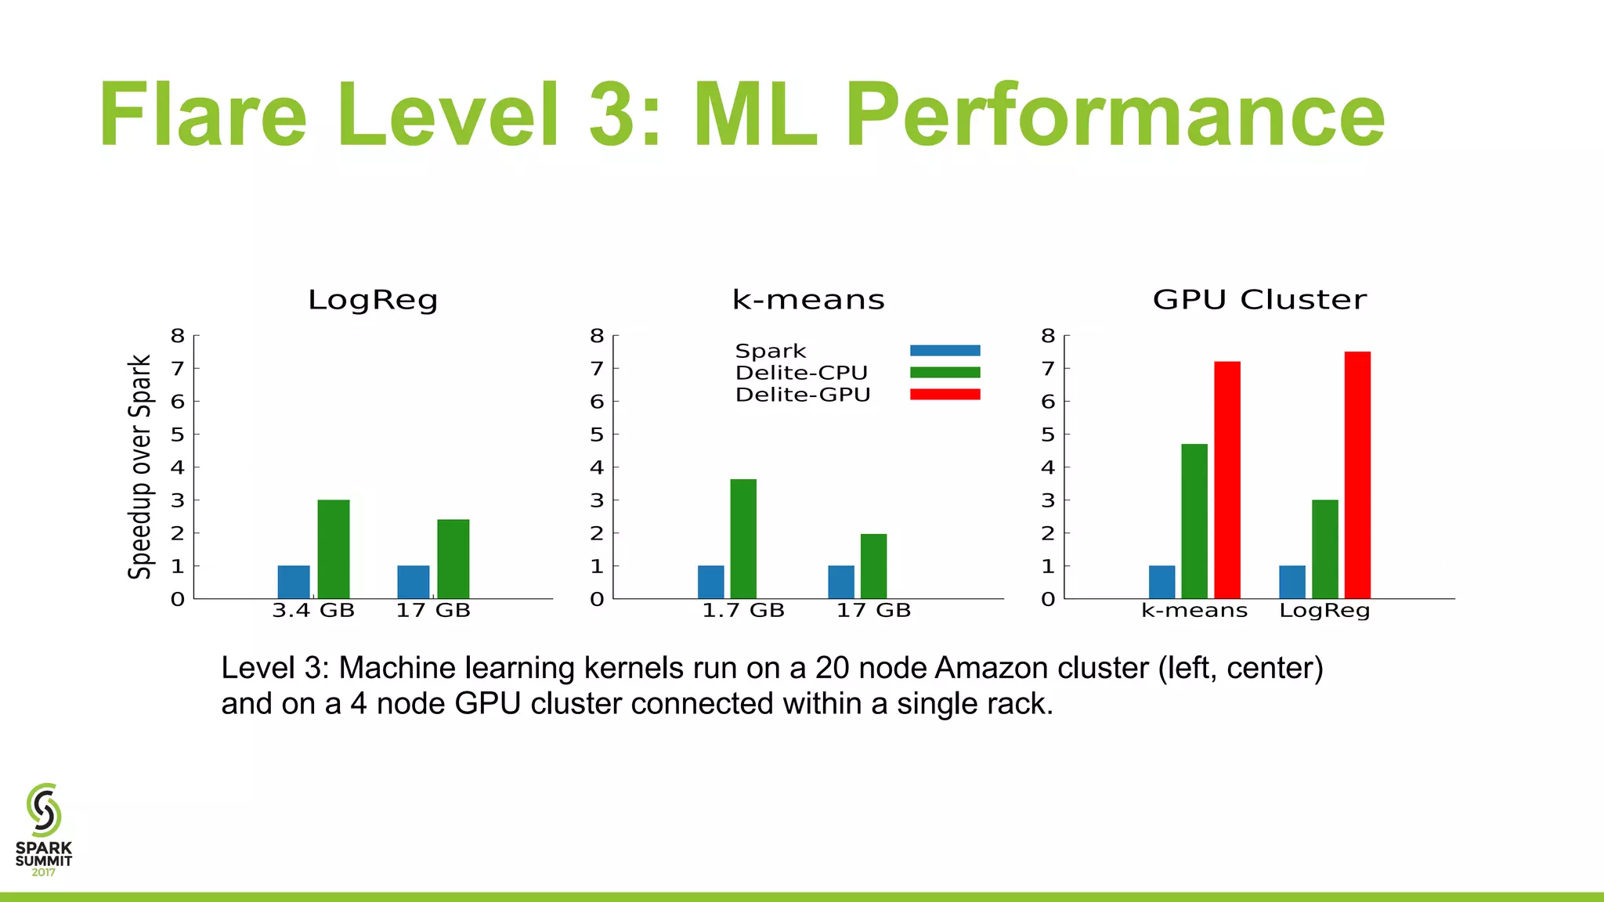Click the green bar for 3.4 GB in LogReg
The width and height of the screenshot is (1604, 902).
(334, 549)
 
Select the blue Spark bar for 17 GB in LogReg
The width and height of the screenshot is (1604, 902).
(413, 582)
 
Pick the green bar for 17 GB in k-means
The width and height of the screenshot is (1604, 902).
(873, 566)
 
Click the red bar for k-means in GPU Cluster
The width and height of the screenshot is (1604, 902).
(1227, 480)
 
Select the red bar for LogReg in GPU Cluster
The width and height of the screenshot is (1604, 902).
(1357, 475)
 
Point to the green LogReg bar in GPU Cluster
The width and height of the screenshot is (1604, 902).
(1324, 549)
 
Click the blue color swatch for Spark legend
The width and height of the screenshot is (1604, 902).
(945, 351)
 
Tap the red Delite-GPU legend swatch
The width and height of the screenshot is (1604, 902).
(945, 395)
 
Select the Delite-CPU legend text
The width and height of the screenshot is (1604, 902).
(801, 373)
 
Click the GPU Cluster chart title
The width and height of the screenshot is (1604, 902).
(1259, 299)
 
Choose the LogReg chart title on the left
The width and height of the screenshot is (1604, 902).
(373, 300)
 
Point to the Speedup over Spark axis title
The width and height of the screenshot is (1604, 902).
(139, 467)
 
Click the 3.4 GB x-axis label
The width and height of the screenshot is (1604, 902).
(313, 611)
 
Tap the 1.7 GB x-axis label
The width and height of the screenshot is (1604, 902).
(743, 611)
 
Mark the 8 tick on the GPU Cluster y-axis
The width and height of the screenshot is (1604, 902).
(1048, 336)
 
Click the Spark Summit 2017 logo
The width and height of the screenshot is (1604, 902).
(44, 830)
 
